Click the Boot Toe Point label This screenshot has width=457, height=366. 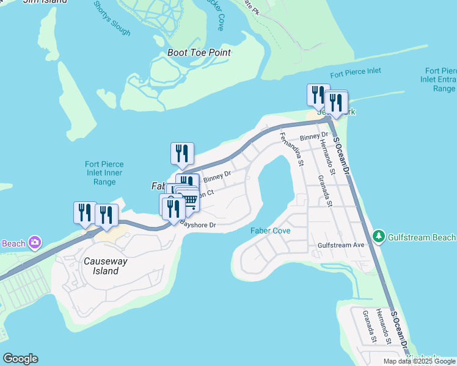pos(199,52)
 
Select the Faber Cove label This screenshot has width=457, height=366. pos(270,231)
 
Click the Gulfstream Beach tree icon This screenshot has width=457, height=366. pos(379,237)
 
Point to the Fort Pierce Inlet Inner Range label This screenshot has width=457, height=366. pos(104,173)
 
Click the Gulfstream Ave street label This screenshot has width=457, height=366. pos(341,245)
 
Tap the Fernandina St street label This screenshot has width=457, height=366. pos(291,149)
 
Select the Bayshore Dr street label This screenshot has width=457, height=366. pos(198,226)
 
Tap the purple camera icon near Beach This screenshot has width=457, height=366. pos(35,242)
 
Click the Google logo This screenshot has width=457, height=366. pos(20,359)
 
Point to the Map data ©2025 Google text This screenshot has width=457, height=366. pos(419,361)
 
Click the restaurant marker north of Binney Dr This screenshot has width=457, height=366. pos(182,154)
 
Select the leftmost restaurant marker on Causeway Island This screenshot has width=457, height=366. pos(85,212)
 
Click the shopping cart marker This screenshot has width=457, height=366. pos(189,199)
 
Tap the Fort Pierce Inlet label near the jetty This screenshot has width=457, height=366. pos(356,71)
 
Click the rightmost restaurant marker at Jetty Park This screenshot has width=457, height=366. pos(336,102)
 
